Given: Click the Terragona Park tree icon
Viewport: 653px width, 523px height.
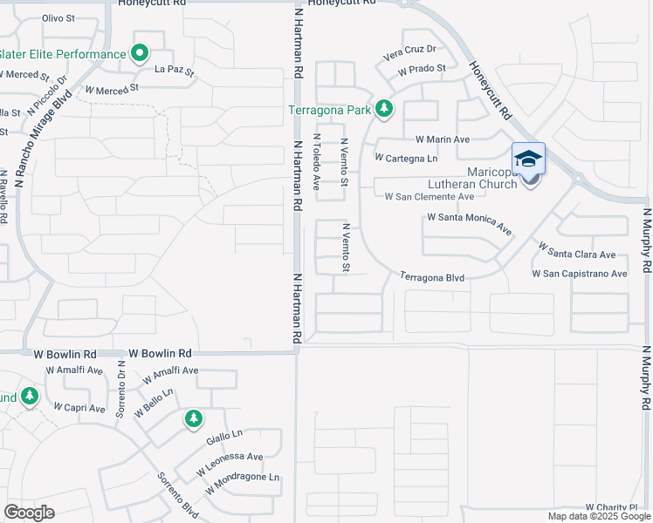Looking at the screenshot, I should (384, 109).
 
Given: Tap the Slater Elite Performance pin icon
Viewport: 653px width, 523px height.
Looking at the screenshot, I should (140, 54).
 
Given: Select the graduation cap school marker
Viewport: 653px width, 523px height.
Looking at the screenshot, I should (528, 159).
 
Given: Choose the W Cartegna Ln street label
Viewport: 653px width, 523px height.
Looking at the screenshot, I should (405, 158).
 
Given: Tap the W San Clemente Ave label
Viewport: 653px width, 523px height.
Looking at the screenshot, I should (430, 196).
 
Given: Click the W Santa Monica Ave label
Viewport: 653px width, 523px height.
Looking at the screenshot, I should (469, 225).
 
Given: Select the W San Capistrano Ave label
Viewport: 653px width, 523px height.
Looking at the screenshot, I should (580, 274).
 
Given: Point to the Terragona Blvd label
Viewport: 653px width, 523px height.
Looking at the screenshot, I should (431, 277).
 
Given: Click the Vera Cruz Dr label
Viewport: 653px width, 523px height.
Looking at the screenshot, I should (409, 54).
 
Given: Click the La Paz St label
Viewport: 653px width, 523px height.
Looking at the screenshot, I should (174, 70).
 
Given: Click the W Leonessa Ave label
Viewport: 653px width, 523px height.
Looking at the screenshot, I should (230, 463).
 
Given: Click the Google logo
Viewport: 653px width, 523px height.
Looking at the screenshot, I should (29, 513).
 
